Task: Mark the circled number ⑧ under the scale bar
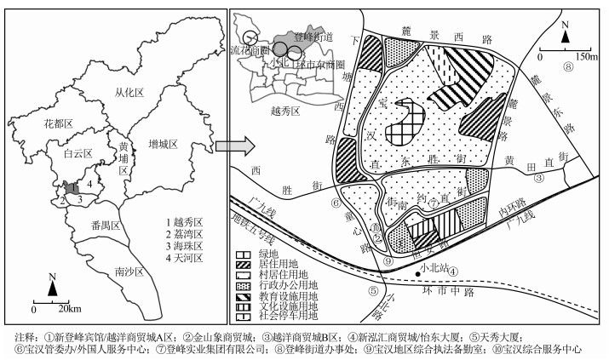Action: [565, 67]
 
